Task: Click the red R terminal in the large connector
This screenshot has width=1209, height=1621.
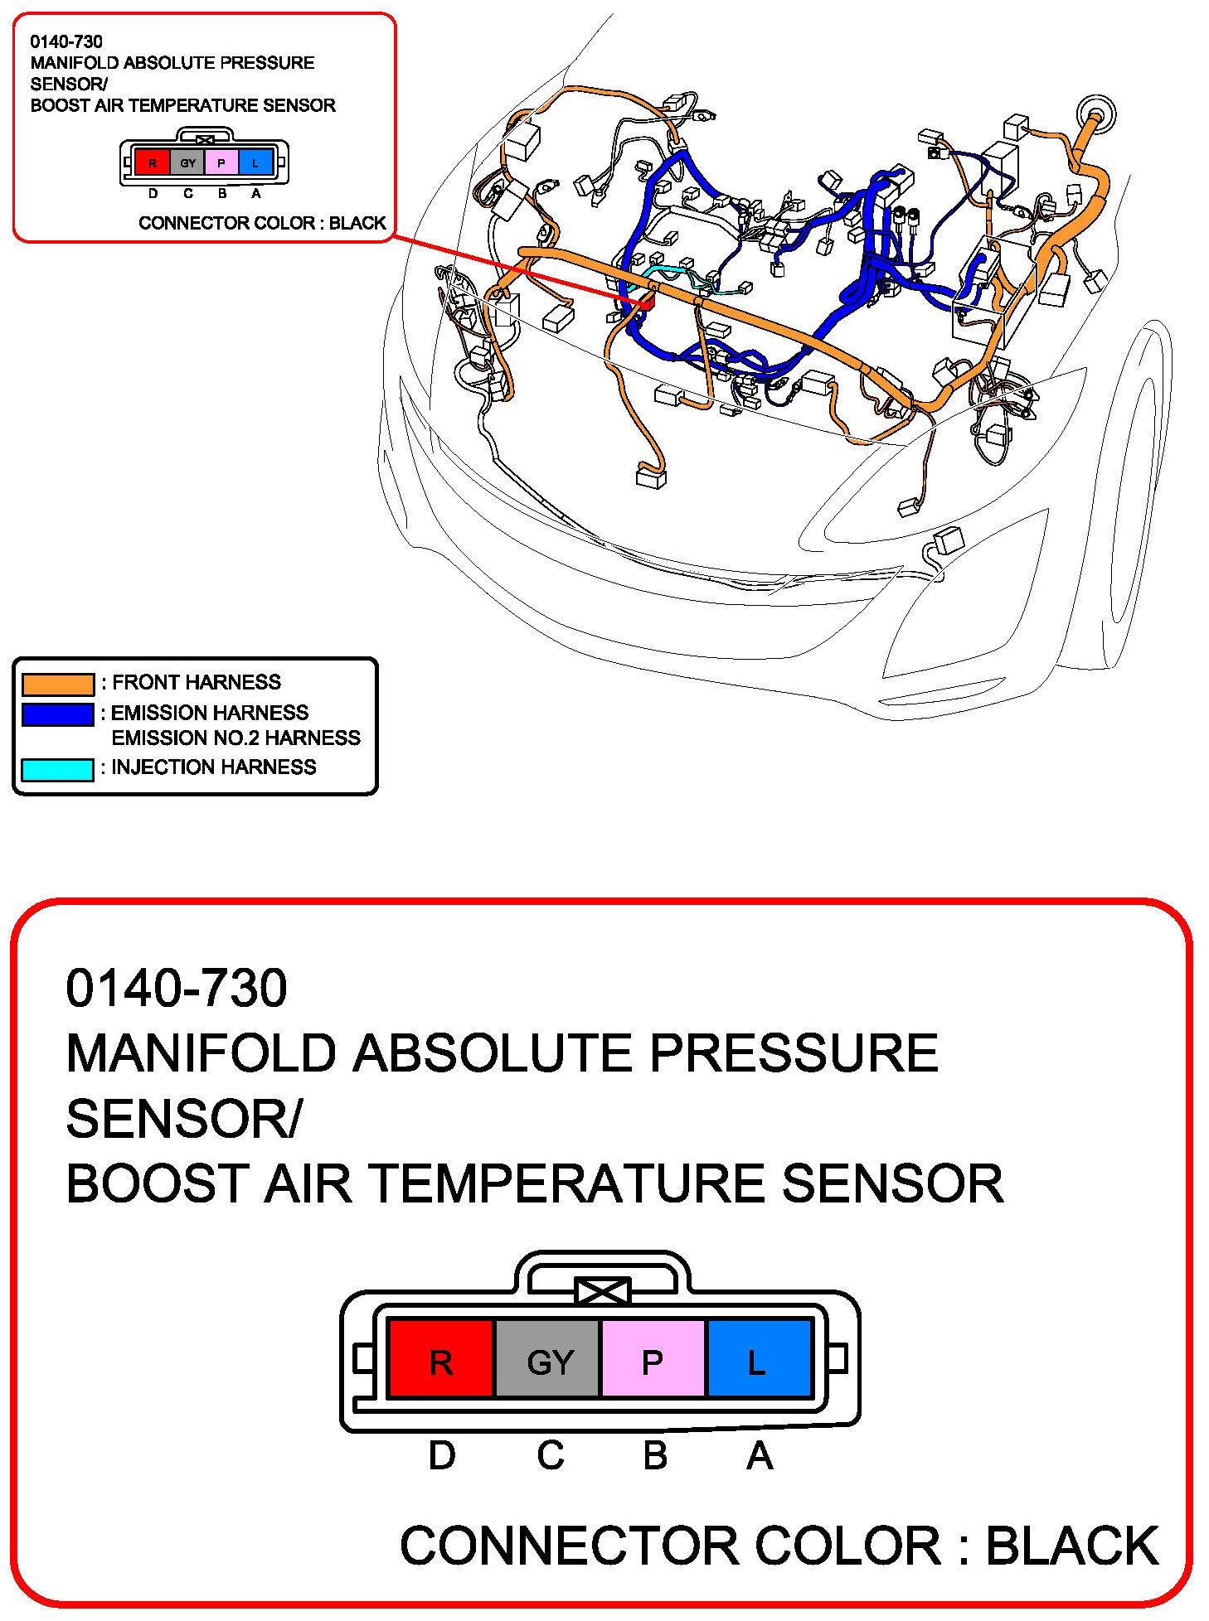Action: tap(440, 1362)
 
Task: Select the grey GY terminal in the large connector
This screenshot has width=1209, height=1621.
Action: tap(548, 1362)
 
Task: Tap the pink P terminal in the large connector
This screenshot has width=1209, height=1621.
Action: tap(653, 1362)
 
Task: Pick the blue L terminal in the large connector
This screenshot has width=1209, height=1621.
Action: tap(757, 1362)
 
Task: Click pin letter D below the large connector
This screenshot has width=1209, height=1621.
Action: tap(441, 1455)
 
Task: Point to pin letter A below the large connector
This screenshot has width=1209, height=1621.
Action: tap(760, 1455)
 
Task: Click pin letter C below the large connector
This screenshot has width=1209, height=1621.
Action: tap(550, 1455)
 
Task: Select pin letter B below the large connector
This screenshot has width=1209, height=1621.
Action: tap(655, 1455)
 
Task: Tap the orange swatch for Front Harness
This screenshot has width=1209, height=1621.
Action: tap(57, 684)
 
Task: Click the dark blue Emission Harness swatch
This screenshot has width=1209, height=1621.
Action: tap(57, 714)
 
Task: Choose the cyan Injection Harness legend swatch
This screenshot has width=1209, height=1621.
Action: tap(57, 769)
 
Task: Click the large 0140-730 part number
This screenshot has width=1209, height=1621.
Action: tap(176, 988)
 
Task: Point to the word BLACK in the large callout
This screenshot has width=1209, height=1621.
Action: tap(1071, 1546)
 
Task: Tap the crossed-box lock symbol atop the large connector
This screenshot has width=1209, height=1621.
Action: tap(603, 1291)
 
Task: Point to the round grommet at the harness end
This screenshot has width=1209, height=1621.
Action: tap(1095, 114)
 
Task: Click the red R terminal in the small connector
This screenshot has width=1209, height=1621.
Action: tap(152, 163)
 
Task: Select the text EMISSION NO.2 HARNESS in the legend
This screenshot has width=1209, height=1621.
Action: tap(235, 738)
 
